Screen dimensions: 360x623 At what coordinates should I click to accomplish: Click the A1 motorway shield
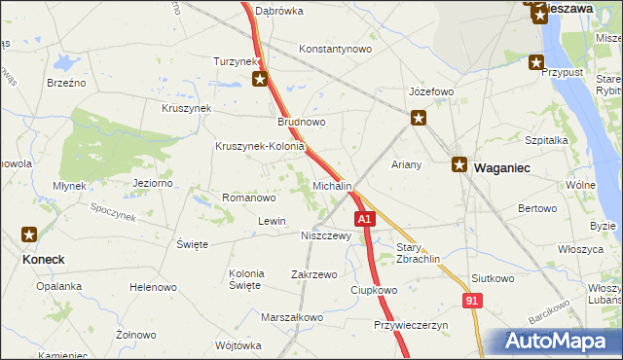pos(364,220)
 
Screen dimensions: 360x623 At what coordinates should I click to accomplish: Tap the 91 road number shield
pos(472,303)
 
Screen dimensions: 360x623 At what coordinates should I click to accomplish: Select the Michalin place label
pos(332,185)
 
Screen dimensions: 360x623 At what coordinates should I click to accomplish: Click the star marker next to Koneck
pos(30,234)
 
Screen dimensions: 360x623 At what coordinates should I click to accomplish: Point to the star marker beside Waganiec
pos(459,165)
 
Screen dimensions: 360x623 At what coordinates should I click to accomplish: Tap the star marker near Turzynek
pos(260,80)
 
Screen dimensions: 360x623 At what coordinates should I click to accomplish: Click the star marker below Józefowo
pos(419,119)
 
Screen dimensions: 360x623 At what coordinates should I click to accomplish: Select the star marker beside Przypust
pos(536,63)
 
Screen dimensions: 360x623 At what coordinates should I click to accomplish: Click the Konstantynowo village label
pos(336,49)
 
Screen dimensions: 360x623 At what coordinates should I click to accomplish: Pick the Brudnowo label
pos(301,123)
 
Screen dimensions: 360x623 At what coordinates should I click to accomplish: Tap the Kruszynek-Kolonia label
pos(260,147)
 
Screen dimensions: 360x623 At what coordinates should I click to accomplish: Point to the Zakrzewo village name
pos(313,274)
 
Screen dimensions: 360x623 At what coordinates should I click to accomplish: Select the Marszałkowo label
pos(292,317)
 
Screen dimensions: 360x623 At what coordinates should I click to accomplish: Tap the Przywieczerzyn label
pos(410,325)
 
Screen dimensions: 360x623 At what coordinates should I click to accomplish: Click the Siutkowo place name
pos(492,278)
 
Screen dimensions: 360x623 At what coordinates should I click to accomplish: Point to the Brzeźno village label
pos(66,83)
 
